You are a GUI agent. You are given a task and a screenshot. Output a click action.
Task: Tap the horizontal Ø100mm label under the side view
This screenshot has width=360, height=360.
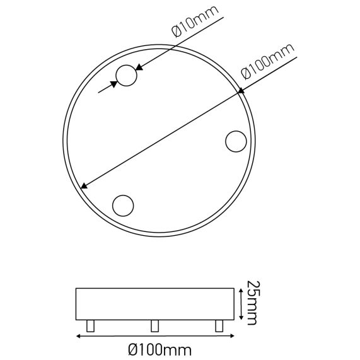pyautogui.click(x=160, y=347)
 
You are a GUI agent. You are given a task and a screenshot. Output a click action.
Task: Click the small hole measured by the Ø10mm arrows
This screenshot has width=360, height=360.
pyautogui.click(x=127, y=76)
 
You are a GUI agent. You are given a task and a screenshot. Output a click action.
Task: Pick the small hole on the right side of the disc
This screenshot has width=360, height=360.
pyautogui.click(x=236, y=141)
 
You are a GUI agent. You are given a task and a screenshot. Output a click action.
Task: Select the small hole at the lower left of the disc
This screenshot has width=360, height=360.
pyautogui.click(x=122, y=205)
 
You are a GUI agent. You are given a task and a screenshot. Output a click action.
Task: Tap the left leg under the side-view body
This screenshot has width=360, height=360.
pyautogui.click(x=90, y=325)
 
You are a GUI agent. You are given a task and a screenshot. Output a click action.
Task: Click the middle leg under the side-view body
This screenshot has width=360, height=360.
pyautogui.click(x=154, y=325)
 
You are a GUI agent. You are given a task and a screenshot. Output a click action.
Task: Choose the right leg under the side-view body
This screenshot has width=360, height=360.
pyautogui.click(x=219, y=325)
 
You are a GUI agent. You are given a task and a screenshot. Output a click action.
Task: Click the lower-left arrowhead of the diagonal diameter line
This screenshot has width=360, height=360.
pyautogui.click(x=85, y=185)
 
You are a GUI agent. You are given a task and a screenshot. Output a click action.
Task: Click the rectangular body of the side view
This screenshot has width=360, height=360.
pyautogui.click(x=154, y=304)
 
